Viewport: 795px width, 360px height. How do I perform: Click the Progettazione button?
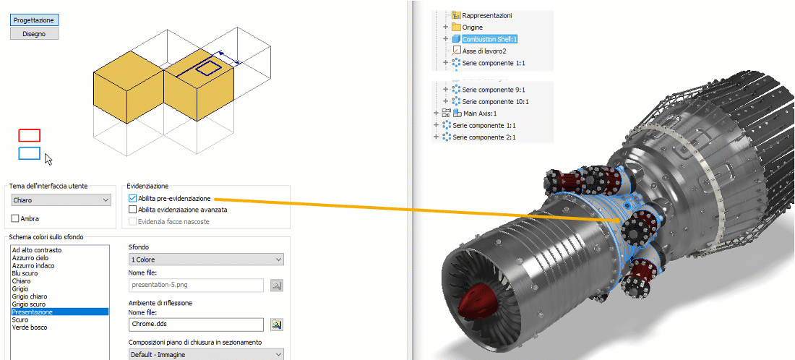tap(34, 20)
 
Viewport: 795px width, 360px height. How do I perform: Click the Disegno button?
tap(34, 33)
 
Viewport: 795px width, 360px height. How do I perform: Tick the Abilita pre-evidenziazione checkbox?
tap(132, 198)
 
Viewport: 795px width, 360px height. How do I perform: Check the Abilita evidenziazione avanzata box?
tap(132, 210)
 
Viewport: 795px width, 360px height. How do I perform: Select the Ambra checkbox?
tap(16, 218)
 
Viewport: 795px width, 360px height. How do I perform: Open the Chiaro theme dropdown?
tap(61, 200)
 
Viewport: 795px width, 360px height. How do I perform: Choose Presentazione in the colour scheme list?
tap(32, 312)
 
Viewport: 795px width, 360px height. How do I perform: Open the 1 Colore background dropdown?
tap(206, 260)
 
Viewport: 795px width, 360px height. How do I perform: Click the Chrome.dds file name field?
tap(197, 325)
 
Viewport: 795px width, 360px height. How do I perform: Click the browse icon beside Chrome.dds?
tap(276, 325)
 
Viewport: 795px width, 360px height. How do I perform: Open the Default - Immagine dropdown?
tap(206, 355)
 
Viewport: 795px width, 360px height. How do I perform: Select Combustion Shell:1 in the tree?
tap(490, 39)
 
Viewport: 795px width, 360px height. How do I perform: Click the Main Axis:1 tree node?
tap(479, 113)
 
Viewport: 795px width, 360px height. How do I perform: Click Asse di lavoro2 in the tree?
tap(484, 51)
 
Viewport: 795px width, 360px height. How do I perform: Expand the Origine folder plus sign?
tap(446, 27)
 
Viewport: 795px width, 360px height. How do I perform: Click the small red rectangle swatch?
tap(29, 135)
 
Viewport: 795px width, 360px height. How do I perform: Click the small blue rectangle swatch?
tap(29, 153)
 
